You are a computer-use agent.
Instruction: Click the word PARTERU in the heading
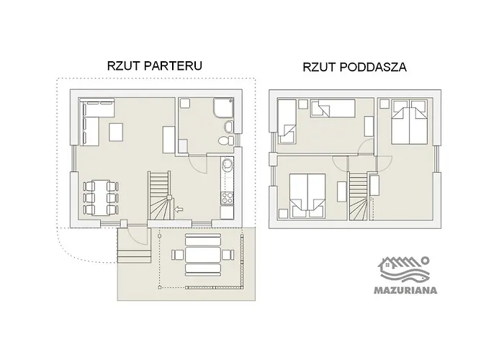(x=173, y=66)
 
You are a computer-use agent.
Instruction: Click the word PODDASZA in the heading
(x=373, y=67)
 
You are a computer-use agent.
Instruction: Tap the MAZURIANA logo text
(x=405, y=291)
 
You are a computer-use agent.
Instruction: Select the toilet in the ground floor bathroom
(x=226, y=140)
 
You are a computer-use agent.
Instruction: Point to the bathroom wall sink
(x=229, y=127)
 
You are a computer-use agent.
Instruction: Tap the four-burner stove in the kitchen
(x=228, y=198)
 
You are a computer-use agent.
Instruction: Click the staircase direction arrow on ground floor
(x=179, y=210)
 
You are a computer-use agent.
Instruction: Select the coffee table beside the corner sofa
(x=116, y=132)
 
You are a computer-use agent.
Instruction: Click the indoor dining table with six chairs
(x=100, y=198)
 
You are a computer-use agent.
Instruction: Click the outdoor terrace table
(x=203, y=253)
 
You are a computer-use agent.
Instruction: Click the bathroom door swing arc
(x=198, y=165)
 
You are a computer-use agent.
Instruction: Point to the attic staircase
(x=358, y=197)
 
